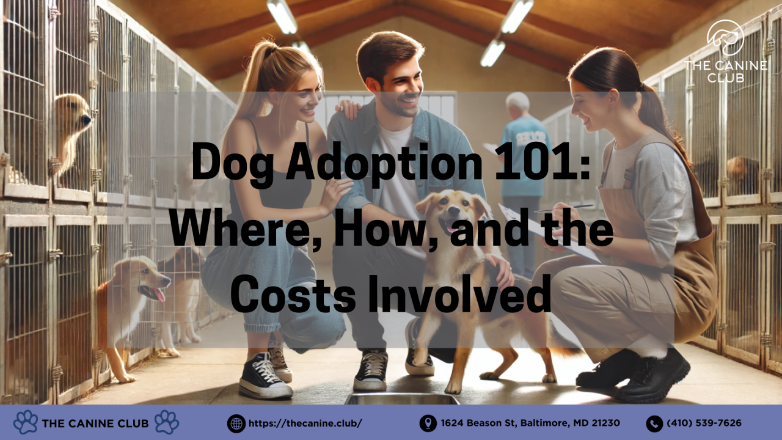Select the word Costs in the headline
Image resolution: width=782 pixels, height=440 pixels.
coord(293,295)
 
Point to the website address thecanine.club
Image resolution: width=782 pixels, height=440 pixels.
coord(305,424)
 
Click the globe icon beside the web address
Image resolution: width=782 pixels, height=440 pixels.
coord(236,424)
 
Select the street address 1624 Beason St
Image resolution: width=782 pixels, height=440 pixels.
coord(479,423)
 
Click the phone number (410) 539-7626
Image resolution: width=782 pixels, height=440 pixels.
coord(704,423)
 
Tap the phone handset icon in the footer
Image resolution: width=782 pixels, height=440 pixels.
coord(654,424)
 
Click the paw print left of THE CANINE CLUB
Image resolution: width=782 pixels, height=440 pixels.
coord(26,422)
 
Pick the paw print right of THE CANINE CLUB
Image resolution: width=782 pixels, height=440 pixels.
coord(167,422)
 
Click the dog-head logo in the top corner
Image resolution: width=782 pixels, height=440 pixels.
coord(725,37)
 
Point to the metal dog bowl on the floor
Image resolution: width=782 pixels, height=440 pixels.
coord(402,399)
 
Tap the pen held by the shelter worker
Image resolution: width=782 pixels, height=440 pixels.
coord(563,208)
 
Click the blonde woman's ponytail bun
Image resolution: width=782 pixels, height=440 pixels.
coord(267,50)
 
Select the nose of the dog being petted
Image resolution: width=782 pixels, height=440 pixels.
coord(454,210)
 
